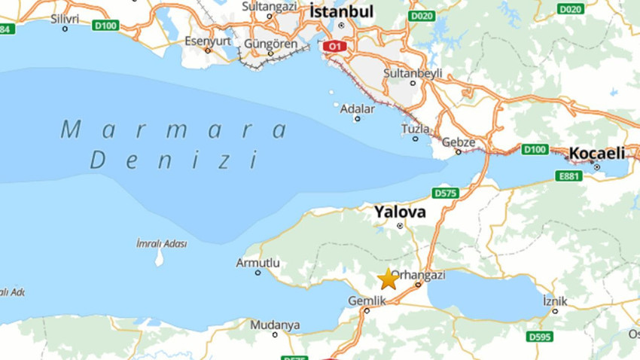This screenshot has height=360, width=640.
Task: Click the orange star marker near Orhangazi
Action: (x=388, y=279)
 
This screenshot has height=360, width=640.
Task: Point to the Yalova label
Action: (x=400, y=212)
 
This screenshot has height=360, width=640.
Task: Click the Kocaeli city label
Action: (x=597, y=153)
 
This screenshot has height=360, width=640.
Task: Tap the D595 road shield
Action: (x=539, y=337)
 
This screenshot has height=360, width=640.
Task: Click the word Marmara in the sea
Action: (x=174, y=130)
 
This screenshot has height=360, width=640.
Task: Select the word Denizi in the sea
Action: (x=174, y=160)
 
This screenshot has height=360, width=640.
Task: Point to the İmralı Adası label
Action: (x=161, y=243)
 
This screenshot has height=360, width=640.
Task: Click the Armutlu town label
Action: (x=258, y=263)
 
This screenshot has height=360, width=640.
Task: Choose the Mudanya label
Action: (x=275, y=325)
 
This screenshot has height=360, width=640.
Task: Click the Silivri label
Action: (x=65, y=17)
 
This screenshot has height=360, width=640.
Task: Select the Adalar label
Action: (x=357, y=108)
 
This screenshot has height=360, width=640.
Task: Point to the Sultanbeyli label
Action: (x=413, y=73)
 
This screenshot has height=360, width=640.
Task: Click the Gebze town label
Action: (x=458, y=142)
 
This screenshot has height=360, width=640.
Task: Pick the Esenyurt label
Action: (x=208, y=40)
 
